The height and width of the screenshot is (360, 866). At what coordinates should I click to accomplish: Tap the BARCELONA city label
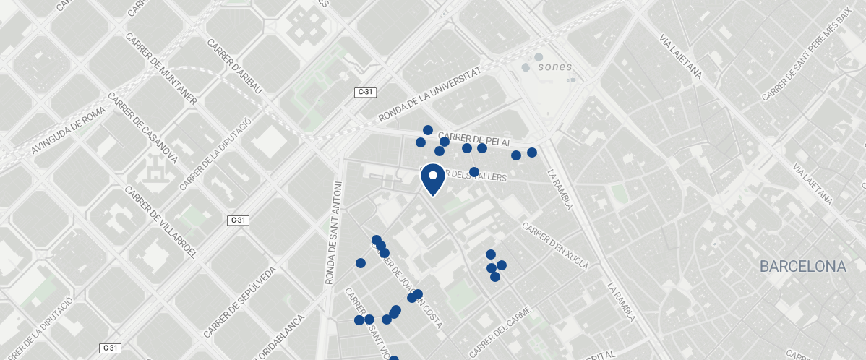click(802, 267)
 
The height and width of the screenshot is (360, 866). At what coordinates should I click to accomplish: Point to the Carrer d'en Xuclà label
click(555, 247)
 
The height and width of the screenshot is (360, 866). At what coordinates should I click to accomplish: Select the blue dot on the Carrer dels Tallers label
click(474, 172)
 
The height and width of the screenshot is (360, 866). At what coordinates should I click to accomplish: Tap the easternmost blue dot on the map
click(532, 153)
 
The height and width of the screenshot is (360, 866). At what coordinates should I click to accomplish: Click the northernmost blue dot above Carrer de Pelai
click(428, 130)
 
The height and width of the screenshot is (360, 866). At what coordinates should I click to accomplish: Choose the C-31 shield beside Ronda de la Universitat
click(364, 92)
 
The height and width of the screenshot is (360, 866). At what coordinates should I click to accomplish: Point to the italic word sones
click(555, 67)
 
